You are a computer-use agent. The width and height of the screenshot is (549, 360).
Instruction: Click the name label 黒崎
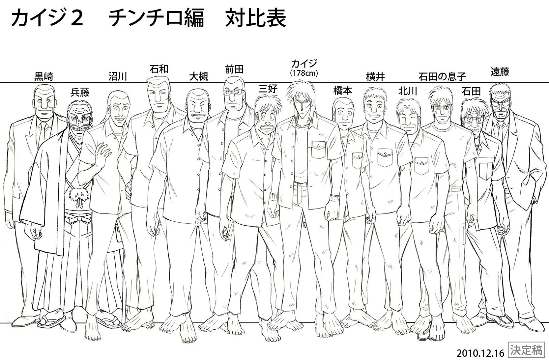(x=44, y=77)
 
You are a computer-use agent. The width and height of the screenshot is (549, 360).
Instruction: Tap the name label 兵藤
(x=80, y=93)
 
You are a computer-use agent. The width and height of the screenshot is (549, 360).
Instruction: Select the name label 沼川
(x=118, y=77)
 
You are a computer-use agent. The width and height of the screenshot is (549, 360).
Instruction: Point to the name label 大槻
(x=199, y=77)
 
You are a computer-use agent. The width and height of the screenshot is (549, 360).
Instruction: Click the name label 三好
(x=268, y=89)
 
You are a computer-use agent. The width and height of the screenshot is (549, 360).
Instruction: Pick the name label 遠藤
(x=500, y=72)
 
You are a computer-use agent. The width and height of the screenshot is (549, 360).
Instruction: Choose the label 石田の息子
(x=442, y=77)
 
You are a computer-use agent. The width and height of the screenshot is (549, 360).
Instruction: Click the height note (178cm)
(x=304, y=73)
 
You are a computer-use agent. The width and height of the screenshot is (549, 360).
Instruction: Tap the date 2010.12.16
(x=481, y=353)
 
